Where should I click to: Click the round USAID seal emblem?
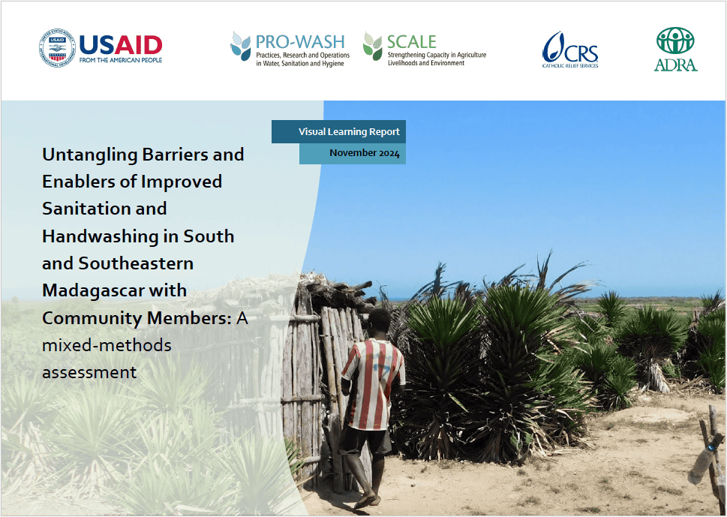[57, 47]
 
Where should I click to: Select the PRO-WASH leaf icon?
[241, 47]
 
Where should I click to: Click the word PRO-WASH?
[300, 42]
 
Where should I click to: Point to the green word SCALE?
[412, 42]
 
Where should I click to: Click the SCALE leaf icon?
[373, 46]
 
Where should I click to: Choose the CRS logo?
[570, 50]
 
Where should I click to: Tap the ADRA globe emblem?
[675, 41]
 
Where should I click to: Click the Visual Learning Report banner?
[338, 131]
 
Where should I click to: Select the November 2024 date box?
[353, 154]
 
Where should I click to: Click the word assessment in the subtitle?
[89, 372]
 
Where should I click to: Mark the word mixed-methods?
[107, 345]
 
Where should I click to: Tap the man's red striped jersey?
[374, 383]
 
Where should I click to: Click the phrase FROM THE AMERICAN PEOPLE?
[121, 60]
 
